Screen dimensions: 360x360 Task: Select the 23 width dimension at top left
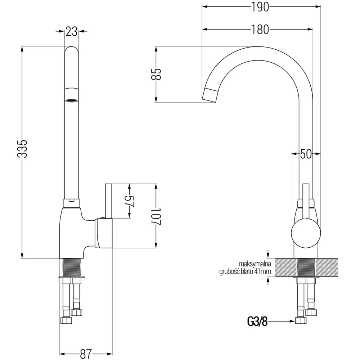(72, 31)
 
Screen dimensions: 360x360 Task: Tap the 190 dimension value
(261, 7)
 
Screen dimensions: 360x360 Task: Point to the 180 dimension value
(261, 30)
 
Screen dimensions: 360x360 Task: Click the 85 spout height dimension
(156, 74)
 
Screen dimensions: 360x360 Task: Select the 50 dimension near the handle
(306, 154)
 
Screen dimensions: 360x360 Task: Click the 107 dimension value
(156, 216)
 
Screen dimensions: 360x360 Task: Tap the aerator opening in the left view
(71, 100)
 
